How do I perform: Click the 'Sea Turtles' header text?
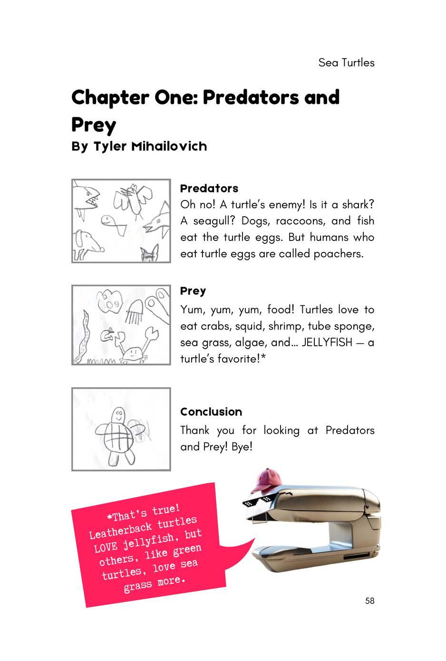click(346, 63)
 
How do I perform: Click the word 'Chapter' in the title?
click(110, 98)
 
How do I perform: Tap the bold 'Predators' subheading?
click(209, 188)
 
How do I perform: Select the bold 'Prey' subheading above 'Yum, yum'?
click(193, 291)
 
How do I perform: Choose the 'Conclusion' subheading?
click(211, 412)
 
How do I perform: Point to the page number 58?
click(369, 601)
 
